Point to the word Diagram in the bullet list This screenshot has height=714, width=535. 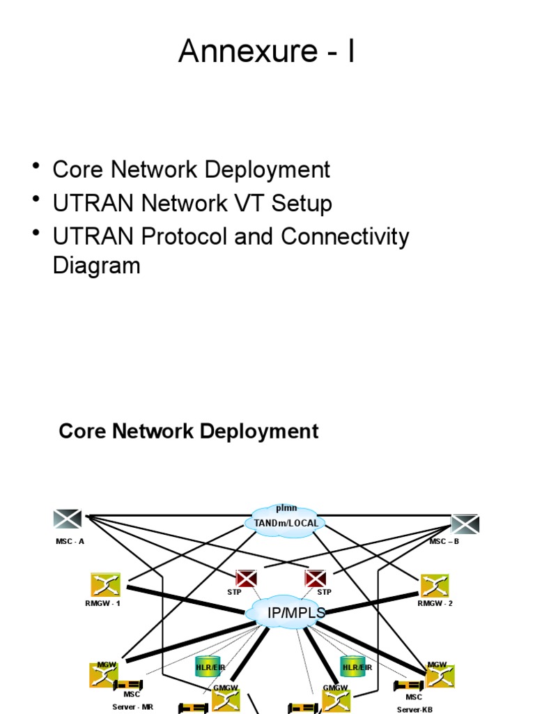[x=96, y=266]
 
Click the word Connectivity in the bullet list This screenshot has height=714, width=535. [x=345, y=237]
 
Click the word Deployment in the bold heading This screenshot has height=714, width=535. [x=259, y=431]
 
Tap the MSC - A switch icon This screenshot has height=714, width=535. [x=68, y=519]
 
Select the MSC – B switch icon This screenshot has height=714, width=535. [x=465, y=524]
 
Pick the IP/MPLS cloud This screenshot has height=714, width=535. [x=286, y=613]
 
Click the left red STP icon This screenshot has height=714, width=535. [x=246, y=578]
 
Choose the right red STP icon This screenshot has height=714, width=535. [x=316, y=578]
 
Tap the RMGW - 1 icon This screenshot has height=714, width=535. [x=105, y=585]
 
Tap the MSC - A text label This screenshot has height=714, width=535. [x=70, y=541]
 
